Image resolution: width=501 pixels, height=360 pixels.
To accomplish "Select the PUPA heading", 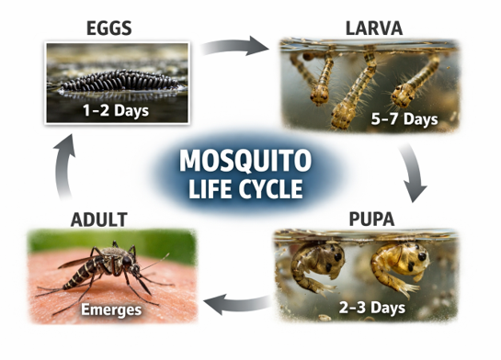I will point(368,219).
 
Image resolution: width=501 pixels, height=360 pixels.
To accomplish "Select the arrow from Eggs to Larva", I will point(233,45).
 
